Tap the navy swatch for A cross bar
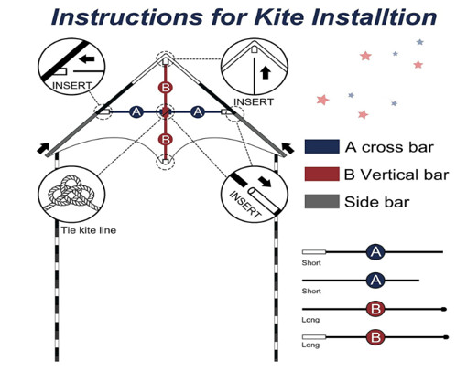(322, 146)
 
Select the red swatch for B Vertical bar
(322, 174)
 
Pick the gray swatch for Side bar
(322, 201)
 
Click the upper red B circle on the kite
(166, 88)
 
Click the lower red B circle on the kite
(166, 140)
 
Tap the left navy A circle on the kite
(136, 111)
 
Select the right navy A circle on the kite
(198, 111)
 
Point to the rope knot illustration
(73, 195)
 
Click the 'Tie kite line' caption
(89, 230)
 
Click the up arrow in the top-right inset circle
(266, 73)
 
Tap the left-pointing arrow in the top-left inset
(88, 59)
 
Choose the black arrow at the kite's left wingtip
(43, 148)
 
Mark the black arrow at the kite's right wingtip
(288, 148)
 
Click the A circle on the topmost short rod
(375, 252)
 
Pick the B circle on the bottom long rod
(375, 337)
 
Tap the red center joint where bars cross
(166, 111)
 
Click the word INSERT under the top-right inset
(253, 101)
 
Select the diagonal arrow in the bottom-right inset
(265, 182)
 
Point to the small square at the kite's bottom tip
(165, 162)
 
